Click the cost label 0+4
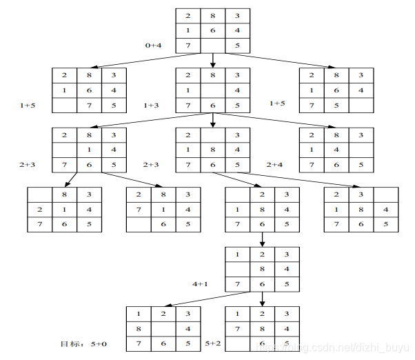point(153,45)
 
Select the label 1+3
point(152,106)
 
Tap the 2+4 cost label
point(275,165)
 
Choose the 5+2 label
point(214,343)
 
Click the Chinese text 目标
point(69,343)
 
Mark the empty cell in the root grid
point(212,46)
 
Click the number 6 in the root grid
point(212,30)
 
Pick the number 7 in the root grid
point(188,46)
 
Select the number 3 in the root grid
point(237,15)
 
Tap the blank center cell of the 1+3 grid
point(212,90)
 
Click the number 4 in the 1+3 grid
point(237,90)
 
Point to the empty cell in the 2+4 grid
point(361,149)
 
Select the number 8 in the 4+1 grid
point(262,268)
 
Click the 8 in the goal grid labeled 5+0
point(139,328)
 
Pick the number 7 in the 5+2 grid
point(238,328)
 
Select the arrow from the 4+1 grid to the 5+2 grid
point(262,299)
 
